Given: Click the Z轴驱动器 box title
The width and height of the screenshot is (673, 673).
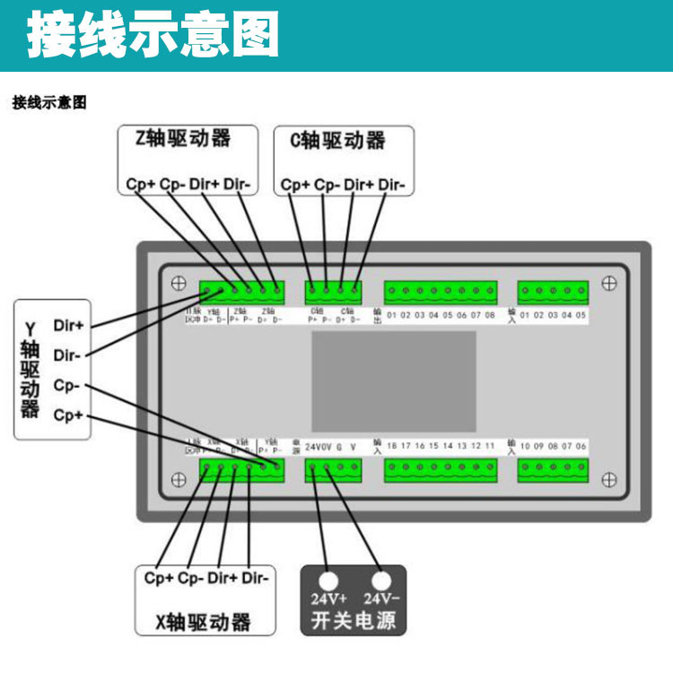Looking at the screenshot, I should [183, 138].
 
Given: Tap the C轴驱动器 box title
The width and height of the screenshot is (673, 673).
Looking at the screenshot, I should [338, 140].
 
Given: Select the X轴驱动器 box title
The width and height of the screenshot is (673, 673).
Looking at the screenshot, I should [202, 621].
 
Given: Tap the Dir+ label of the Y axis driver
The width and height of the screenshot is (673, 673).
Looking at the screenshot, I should [69, 323].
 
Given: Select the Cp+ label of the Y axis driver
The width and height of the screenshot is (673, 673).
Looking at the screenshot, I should [68, 415].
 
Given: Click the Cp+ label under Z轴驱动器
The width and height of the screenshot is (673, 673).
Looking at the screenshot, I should [140, 185].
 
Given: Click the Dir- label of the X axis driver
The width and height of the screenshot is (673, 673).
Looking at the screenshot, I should [256, 578].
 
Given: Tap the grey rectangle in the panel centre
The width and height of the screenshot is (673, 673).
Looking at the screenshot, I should [394, 380].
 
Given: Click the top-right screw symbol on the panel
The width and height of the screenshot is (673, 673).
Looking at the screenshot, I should [609, 283].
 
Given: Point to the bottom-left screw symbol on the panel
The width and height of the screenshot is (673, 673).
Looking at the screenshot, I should [179, 479].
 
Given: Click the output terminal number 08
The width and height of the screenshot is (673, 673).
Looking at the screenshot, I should [490, 315].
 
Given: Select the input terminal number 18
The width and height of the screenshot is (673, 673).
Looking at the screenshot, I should [392, 445].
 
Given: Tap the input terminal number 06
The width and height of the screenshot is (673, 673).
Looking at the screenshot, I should [581, 445].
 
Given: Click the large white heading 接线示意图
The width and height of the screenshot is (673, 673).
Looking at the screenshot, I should [153, 36].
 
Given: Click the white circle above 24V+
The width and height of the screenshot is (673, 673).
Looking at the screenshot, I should [329, 579].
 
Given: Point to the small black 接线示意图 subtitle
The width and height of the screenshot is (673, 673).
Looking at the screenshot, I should [49, 103].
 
